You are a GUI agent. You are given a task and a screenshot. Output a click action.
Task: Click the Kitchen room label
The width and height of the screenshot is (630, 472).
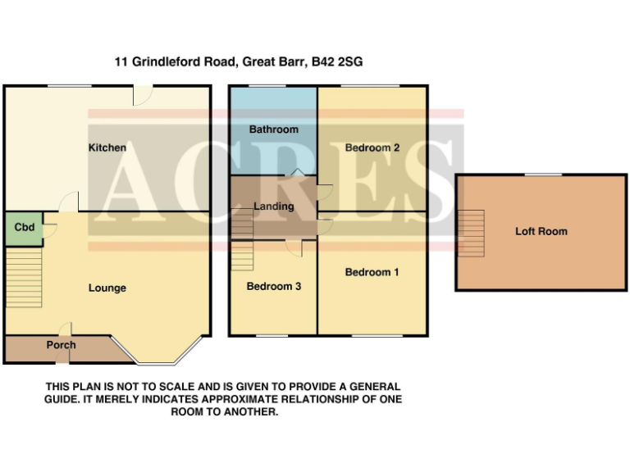[107, 147]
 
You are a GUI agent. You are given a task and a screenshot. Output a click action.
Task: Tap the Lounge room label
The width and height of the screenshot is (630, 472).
[107, 288]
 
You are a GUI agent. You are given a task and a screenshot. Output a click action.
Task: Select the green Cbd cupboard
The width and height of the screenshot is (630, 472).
[25, 228]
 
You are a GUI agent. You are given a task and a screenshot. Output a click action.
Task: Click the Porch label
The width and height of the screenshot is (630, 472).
[61, 345]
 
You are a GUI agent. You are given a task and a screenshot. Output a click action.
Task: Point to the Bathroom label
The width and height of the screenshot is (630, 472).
[274, 129]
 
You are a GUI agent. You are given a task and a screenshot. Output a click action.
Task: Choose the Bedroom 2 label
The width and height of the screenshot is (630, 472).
[372, 147]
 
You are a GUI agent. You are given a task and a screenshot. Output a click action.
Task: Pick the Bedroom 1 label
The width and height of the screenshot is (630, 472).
[372, 272]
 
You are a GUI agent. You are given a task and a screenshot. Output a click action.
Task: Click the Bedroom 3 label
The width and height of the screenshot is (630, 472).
[273, 287]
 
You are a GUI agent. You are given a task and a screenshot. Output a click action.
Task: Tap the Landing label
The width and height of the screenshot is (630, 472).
[273, 206]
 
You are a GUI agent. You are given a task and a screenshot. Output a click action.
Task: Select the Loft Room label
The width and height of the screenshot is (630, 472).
[541, 232]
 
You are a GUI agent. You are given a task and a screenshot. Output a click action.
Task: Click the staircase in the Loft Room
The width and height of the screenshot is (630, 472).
[471, 231]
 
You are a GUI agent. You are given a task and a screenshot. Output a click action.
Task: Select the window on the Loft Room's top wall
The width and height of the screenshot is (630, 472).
[542, 175]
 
